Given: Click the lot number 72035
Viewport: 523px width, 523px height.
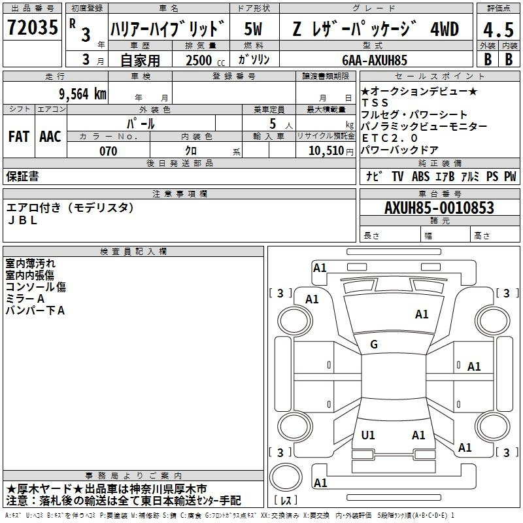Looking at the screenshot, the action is pos(32,27).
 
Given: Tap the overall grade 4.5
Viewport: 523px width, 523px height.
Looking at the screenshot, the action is pos(498,29).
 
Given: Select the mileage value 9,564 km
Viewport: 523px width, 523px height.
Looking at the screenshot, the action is pos(83,93).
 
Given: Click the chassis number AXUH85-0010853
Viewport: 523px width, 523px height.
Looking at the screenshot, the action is pos(439,207).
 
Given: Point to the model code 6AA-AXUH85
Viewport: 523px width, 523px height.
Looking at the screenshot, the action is pos(375,60).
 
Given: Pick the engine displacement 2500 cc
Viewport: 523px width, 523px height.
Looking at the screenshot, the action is pos(205,60).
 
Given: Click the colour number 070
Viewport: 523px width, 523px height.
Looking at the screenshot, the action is pos(109,151).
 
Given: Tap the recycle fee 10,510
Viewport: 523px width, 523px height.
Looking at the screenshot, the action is pos(326,151).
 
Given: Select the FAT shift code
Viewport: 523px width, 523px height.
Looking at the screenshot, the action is pos(19,137).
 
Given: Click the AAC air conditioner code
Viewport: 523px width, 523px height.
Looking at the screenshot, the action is pos(50,137).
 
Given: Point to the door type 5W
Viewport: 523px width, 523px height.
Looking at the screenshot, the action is pos(253,29).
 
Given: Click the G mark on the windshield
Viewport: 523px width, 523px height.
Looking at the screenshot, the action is pos(374,345).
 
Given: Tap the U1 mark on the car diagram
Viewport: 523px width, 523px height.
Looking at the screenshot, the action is pos(368,435).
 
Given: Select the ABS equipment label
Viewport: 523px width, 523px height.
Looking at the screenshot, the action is pos(420,176).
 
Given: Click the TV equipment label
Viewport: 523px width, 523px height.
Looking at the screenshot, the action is pos(397,176).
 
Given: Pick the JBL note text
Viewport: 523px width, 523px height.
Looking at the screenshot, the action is pos(22,220).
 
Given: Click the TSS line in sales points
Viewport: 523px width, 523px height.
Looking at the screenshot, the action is pos(375,103).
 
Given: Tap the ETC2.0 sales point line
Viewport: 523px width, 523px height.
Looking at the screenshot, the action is pos(390,138).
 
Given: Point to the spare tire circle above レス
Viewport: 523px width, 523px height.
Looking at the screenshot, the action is pos(286,477).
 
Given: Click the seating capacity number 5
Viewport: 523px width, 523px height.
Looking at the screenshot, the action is pos(273,124).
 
